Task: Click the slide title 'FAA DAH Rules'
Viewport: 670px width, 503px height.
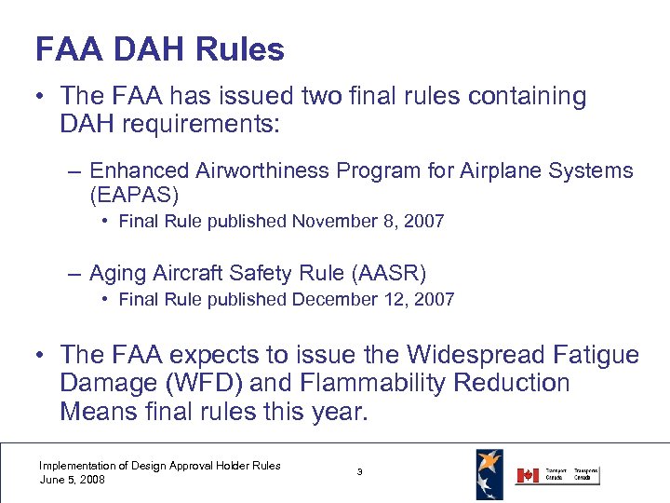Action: pyautogui.click(x=159, y=49)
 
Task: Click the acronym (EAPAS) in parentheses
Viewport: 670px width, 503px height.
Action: pyautogui.click(x=134, y=197)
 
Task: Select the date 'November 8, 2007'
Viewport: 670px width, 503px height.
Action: pyautogui.click(x=368, y=222)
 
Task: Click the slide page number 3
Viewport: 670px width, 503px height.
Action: pyautogui.click(x=360, y=472)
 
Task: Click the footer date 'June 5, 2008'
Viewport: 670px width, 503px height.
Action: pyautogui.click(x=73, y=480)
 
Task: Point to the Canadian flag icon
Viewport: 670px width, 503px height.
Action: pyautogui.click(x=528, y=475)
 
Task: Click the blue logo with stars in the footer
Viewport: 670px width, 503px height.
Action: pyautogui.click(x=489, y=473)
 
